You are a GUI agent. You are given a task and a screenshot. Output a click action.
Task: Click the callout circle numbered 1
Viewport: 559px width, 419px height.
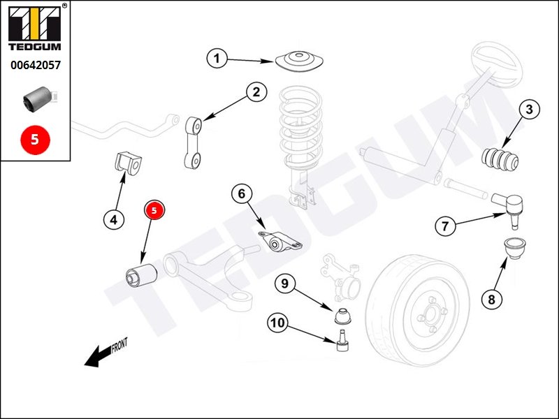(x=217, y=59)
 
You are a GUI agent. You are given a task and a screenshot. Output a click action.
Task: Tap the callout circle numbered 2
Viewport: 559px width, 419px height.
(x=256, y=91)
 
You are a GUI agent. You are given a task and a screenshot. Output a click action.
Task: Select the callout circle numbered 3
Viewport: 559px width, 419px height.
(x=529, y=109)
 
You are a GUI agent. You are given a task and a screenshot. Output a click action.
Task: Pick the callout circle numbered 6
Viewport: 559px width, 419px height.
(x=241, y=193)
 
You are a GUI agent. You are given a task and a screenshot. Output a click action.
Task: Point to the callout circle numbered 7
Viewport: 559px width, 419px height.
(x=445, y=226)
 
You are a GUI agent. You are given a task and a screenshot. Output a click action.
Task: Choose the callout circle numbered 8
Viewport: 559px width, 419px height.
(x=491, y=300)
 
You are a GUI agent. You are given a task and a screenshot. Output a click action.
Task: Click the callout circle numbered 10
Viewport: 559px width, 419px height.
(x=277, y=323)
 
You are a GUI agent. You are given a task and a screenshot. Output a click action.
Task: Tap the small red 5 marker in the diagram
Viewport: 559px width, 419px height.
(x=154, y=209)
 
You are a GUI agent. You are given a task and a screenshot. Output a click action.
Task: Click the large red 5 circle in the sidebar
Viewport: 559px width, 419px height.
(x=35, y=139)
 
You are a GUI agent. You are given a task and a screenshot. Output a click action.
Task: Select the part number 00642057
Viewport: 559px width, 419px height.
(x=35, y=65)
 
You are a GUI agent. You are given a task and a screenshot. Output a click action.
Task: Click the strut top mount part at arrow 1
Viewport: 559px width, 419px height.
(x=300, y=61)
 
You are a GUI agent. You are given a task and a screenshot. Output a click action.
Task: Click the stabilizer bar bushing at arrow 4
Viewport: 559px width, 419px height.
(x=127, y=165)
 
